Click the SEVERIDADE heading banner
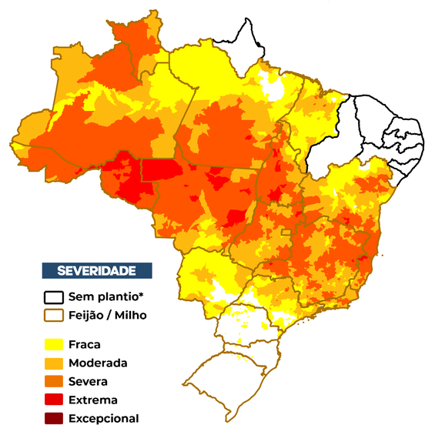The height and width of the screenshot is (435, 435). [96, 270]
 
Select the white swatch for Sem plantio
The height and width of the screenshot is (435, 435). [53, 297]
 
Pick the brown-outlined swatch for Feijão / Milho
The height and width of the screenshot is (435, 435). [53, 315]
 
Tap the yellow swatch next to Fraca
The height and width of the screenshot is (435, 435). [53, 345]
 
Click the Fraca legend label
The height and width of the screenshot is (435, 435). [84, 345]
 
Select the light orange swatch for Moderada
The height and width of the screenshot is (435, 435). [53, 363]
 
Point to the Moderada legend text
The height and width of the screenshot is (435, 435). [98, 363]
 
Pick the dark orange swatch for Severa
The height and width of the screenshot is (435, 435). [53, 381]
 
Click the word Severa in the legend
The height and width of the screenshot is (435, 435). [88, 381]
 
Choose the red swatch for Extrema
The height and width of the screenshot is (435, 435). [53, 400]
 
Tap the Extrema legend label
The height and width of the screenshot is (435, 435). [92, 400]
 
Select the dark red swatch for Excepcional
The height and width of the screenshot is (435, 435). [53, 418]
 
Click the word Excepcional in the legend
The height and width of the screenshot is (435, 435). [103, 418]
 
